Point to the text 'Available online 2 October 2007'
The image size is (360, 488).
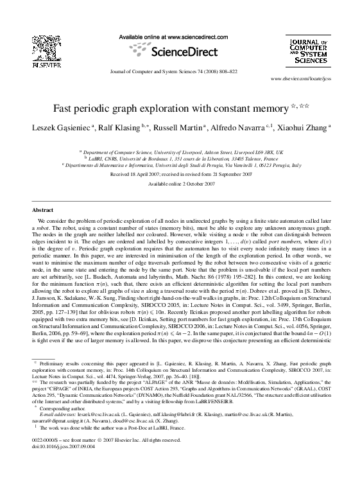pyautogui.click(x=180, y=184)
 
